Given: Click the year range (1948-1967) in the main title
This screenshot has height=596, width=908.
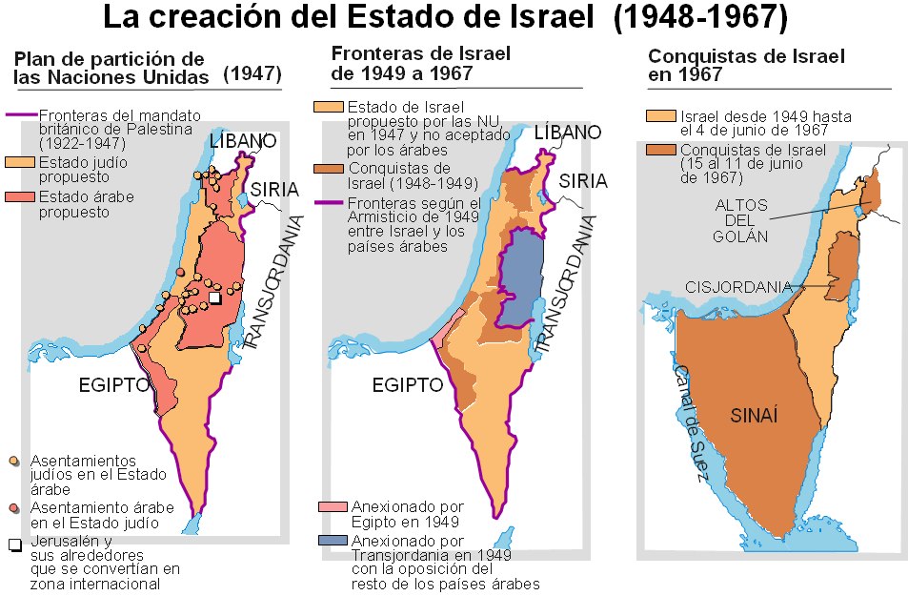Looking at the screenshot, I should tap(712, 18).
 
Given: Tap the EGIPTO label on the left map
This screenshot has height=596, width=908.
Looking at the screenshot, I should tap(115, 385).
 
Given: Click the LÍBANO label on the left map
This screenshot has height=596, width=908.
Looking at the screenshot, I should tap(242, 141).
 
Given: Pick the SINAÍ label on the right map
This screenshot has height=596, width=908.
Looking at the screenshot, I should tap(755, 415).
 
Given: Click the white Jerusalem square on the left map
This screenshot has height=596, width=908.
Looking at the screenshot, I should tap(214, 298).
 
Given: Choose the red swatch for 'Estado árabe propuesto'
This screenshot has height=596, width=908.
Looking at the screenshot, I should tap(20, 197).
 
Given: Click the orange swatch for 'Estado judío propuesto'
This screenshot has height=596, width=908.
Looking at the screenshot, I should tap(20, 162).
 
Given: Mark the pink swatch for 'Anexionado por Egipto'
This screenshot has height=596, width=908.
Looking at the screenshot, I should tap(333, 506).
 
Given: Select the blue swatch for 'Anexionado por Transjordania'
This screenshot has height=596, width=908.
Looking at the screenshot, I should tap(333, 540).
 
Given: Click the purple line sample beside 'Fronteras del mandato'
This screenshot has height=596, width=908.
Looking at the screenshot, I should tap(20, 114).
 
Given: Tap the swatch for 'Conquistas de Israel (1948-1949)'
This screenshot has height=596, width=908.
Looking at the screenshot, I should tap(333, 168).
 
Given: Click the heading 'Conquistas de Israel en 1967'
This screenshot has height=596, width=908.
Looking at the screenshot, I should tap(746, 65).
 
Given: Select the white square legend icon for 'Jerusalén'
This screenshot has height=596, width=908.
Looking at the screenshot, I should tap(15, 545).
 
